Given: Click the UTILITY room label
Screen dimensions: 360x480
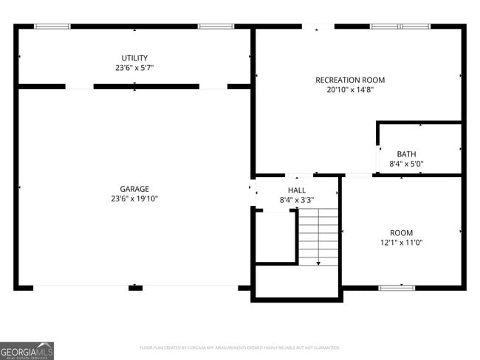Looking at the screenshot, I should pyautogui.click(x=134, y=58).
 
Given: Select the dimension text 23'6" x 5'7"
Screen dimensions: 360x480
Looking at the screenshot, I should pyautogui.click(x=134, y=68).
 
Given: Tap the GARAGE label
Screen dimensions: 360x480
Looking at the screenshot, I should pyautogui.click(x=134, y=189).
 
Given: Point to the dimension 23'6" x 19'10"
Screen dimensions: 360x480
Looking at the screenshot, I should pyautogui.click(x=134, y=198).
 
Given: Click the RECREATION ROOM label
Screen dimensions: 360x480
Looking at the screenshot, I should pyautogui.click(x=350, y=80).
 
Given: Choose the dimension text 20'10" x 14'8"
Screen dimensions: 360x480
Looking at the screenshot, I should pyautogui.click(x=350, y=90).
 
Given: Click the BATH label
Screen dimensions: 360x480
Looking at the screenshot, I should pyautogui.click(x=406, y=154).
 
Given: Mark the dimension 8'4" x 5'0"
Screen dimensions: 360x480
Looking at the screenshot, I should pyautogui.click(x=406, y=164).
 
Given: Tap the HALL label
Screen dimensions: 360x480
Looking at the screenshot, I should pyautogui.click(x=297, y=190).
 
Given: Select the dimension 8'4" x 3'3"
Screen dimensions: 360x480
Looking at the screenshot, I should pyautogui.click(x=297, y=200).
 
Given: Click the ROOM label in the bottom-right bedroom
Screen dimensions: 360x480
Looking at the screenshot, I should pyautogui.click(x=402, y=232).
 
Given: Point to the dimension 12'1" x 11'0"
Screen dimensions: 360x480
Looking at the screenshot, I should pyautogui.click(x=402, y=242).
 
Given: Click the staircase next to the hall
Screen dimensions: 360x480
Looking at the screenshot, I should pyautogui.click(x=318, y=236).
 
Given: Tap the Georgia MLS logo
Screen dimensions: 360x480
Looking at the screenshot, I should pyautogui.click(x=27, y=350).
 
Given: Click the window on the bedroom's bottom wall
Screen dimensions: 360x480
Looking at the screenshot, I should pyautogui.click(x=397, y=287).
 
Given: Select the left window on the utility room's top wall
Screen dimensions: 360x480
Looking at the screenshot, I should pyautogui.click(x=52, y=27).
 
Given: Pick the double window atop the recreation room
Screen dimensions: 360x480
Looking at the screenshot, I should pyautogui.click(x=400, y=27).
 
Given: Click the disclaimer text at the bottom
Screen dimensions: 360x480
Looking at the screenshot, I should pyautogui.click(x=239, y=347).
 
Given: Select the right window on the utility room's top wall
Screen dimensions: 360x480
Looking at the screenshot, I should pyautogui.click(x=216, y=27).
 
